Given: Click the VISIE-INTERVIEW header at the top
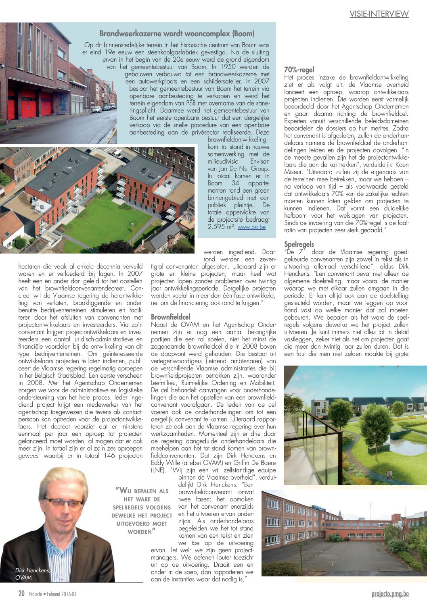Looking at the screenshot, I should (x=379, y=14).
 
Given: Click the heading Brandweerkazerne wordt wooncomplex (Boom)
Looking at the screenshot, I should (x=177, y=33).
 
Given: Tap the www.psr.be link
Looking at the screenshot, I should (x=251, y=227).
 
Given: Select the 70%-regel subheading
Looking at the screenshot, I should (x=299, y=70).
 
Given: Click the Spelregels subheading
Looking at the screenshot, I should (x=299, y=244).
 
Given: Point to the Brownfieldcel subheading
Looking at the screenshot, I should (x=170, y=317).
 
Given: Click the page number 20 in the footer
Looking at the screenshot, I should (x=21, y=594).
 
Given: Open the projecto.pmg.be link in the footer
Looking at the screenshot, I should (x=390, y=594).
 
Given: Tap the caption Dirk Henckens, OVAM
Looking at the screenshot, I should (x=32, y=574).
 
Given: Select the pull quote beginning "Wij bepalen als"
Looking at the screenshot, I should (x=142, y=511).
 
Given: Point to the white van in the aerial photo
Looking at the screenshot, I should (x=117, y=154).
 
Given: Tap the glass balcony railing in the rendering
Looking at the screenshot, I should (x=319, y=447).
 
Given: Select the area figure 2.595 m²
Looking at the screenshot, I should (x=221, y=227).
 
